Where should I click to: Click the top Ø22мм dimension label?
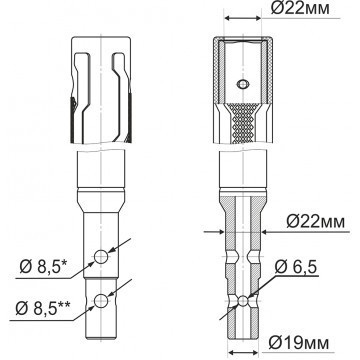pyautogui.click(x=300, y=9)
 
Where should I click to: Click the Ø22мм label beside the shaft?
pyautogui.click(x=315, y=222)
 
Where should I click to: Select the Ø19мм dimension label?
pyautogui.click(x=299, y=342)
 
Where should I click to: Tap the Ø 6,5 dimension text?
pyautogui.click(x=296, y=267)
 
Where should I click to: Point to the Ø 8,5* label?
pyautogui.click(x=44, y=267)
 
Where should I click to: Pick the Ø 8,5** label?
pyautogui.click(x=43, y=309)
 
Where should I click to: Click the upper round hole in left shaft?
pyautogui.click(x=101, y=257)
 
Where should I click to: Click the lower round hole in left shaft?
pyautogui.click(x=101, y=301)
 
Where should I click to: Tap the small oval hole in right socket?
pyautogui.click(x=243, y=84)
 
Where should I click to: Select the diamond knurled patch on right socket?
pyautogui.click(x=243, y=123)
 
